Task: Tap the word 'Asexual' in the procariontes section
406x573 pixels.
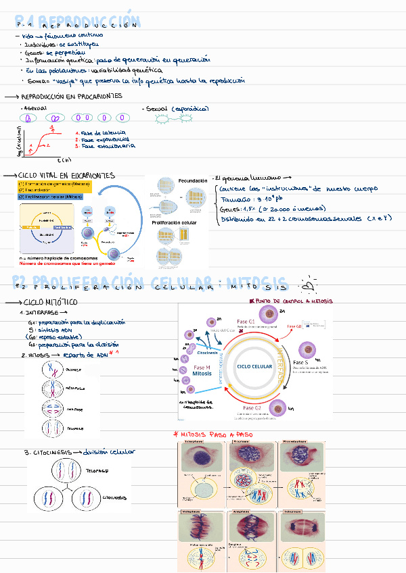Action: [35, 108]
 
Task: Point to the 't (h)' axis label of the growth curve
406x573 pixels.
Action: [64, 159]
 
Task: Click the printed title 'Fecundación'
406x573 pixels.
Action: [193, 181]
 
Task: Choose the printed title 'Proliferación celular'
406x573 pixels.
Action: [175, 222]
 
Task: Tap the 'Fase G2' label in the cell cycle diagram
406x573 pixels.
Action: [251, 408]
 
